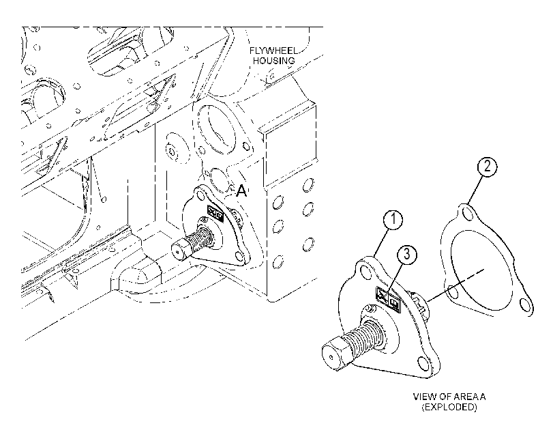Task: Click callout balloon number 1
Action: pos(393,220)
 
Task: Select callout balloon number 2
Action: pos(488,166)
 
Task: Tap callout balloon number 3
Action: pos(407,254)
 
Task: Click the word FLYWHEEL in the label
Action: pos(273,51)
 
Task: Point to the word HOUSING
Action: pos(274,61)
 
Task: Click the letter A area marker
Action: pos(241,191)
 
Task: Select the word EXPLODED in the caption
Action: pos(449,407)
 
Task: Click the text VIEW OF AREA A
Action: pos(449,397)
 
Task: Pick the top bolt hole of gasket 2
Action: pos(467,214)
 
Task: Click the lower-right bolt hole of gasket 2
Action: pos(526,305)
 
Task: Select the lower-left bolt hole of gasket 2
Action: pos(453,292)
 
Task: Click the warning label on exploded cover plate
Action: pos(388,298)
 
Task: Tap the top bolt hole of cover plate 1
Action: pos(365,272)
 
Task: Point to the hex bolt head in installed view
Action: pos(179,250)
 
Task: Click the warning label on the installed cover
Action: pos(215,213)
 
